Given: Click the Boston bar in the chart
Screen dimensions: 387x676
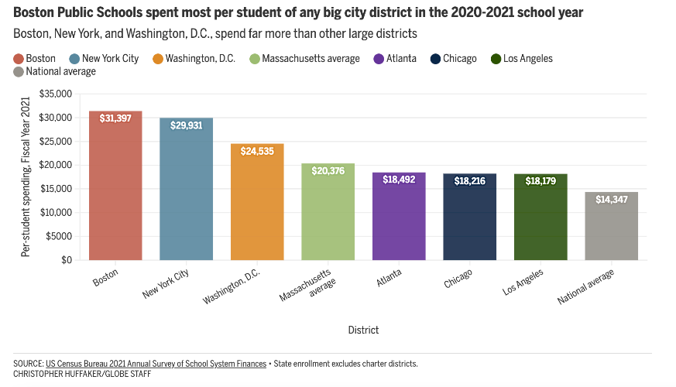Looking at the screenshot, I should [x=115, y=193].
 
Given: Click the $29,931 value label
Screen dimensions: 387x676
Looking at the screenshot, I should [x=186, y=125].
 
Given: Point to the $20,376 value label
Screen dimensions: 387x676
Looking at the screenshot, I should [x=328, y=170].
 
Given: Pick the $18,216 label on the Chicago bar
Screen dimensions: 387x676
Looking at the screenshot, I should [x=469, y=180].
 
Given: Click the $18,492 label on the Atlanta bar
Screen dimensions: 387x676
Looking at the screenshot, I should [x=399, y=179].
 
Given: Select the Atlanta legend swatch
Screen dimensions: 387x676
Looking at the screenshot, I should [x=379, y=59].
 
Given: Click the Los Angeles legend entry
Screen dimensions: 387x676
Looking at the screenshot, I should [x=527, y=59].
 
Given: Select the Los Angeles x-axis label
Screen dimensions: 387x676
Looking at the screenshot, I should [x=523, y=283].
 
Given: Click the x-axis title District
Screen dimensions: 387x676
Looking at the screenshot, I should [x=363, y=330].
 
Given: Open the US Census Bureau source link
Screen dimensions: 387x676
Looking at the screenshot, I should [x=156, y=364].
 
